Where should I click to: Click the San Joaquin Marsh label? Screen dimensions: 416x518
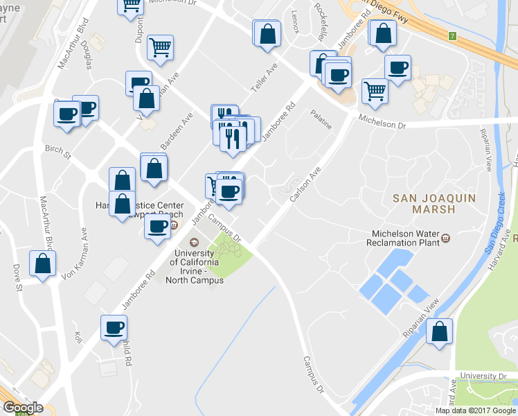425,203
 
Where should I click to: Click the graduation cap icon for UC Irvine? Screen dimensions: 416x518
194,243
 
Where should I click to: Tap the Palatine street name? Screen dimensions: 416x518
321,119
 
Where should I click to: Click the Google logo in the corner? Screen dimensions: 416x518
23,408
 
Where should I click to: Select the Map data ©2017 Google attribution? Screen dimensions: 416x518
474,410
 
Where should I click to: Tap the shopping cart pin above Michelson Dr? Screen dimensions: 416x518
374,89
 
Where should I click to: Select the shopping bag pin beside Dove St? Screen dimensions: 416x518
43,263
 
